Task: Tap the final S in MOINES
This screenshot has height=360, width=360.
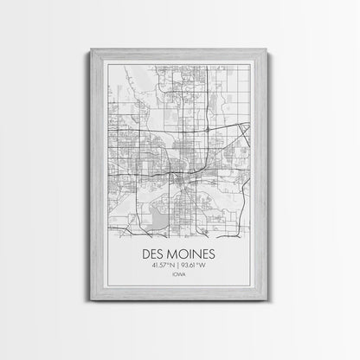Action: [x=218, y=256]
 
